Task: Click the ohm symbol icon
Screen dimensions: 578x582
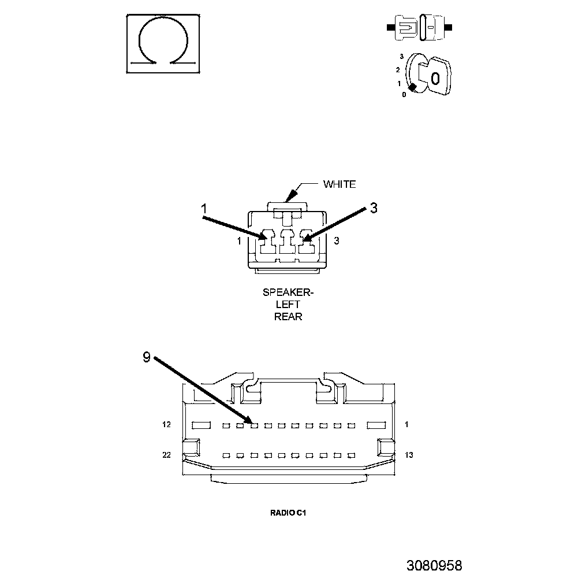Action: pos(163,44)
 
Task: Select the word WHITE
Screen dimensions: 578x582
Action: pos(339,184)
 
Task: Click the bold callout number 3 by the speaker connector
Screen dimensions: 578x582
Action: pos(374,209)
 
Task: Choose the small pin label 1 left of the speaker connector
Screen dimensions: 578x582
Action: pos(239,241)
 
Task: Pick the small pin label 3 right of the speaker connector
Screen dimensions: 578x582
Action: pos(337,241)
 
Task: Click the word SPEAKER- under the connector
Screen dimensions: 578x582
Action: pos(288,292)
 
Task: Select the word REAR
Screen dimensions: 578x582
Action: pos(288,317)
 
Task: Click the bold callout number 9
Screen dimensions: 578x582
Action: pos(147,358)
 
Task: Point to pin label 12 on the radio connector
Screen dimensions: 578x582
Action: pos(166,425)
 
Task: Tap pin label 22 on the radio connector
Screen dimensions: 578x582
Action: pos(166,455)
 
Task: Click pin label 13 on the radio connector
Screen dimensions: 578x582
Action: pos(409,455)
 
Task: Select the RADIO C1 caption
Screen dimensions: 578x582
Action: pos(287,512)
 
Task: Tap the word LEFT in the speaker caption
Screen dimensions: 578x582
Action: pos(288,305)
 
